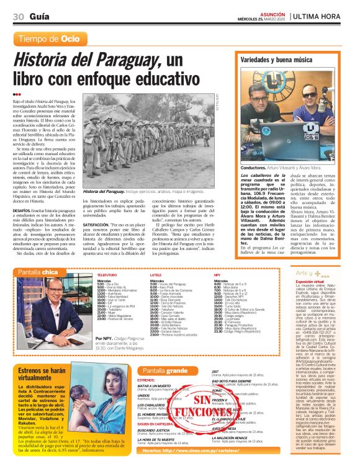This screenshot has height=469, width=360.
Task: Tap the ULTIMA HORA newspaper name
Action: (x=323, y=16)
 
